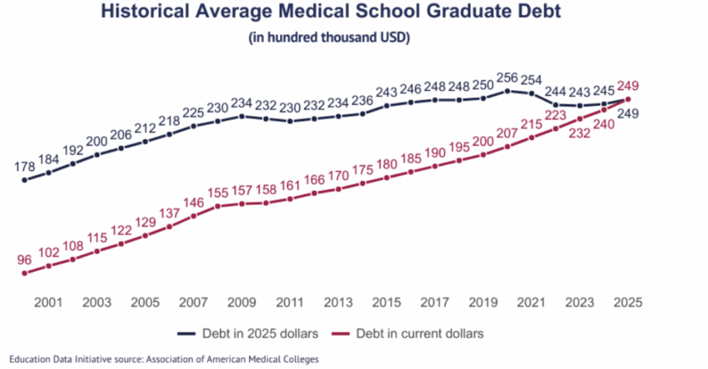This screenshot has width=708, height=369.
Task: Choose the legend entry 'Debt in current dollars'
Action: coord(420,333)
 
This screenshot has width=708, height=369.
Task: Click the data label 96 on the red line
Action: coord(24,260)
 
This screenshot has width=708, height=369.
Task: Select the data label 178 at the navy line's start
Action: coord(24,167)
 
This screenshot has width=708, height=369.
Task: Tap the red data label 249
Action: coord(628,87)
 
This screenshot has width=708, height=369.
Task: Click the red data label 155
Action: coord(217,193)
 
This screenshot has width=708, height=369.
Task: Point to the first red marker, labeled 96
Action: coord(24,273)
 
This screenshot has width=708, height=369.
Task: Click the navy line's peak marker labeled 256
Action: coord(507,91)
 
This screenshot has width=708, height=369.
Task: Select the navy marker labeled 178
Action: coord(24,180)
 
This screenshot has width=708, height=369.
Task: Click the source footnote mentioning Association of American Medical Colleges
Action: coord(164,359)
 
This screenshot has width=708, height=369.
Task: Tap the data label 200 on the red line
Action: coord(483,141)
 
